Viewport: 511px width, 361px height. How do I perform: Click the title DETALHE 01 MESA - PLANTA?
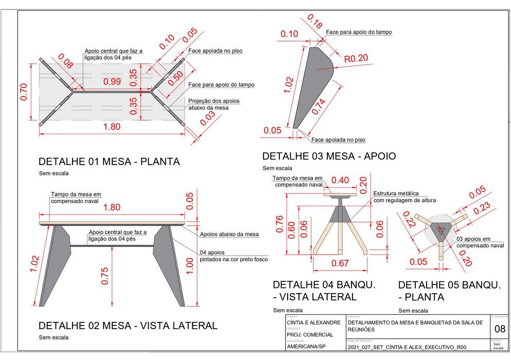[x=109, y=161]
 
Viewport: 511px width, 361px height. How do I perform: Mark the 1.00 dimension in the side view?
[x=190, y=266]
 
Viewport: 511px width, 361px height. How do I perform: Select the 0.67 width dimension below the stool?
[x=340, y=264]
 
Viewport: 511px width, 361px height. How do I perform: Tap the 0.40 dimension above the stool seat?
[x=340, y=180]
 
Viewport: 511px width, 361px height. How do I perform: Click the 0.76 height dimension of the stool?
[x=278, y=224]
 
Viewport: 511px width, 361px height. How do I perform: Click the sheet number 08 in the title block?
[x=500, y=329]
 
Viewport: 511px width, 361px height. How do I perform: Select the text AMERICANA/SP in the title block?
[x=306, y=347]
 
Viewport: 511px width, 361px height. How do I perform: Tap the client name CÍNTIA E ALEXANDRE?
[x=313, y=322]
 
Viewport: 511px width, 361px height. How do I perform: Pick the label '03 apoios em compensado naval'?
[x=480, y=242]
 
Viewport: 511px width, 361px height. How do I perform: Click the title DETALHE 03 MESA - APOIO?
[x=329, y=156]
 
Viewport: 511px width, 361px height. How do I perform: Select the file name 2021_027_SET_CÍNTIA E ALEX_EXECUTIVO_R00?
[x=407, y=347]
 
